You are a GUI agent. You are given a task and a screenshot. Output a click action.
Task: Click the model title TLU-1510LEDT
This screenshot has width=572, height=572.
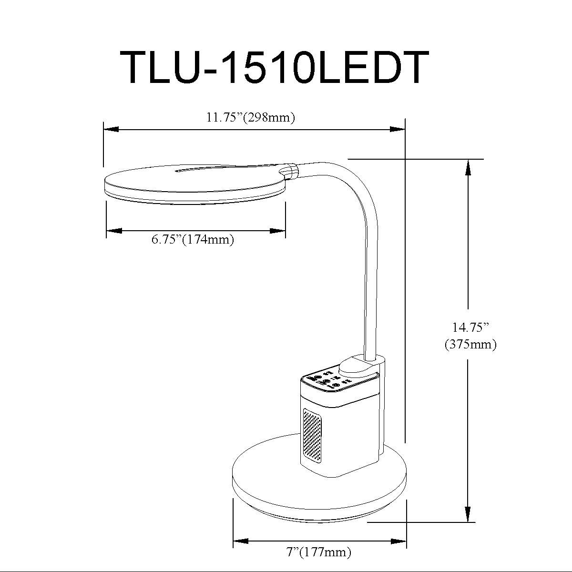(x=275, y=67)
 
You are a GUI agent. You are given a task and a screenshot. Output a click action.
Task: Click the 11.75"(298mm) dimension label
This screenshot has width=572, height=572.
(x=251, y=118)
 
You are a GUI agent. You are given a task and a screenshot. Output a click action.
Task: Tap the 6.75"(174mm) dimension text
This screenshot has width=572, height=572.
(x=193, y=239)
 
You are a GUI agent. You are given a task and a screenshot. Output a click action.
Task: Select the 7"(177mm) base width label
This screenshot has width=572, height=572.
(x=319, y=552)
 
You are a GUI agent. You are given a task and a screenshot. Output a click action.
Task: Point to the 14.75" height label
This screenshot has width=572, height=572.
(x=470, y=327)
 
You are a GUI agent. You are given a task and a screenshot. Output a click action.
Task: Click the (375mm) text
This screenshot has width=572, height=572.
(x=470, y=344)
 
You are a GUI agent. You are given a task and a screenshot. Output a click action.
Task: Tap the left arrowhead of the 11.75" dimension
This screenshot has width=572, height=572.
(x=112, y=129)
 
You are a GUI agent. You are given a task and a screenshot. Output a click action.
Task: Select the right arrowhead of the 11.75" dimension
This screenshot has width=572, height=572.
(x=398, y=129)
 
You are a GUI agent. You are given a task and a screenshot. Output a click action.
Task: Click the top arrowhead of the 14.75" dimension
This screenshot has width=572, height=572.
(x=468, y=167)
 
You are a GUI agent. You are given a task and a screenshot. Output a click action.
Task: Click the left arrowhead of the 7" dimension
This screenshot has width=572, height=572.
(x=241, y=541)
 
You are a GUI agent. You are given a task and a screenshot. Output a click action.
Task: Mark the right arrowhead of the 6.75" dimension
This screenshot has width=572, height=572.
(x=277, y=231)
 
